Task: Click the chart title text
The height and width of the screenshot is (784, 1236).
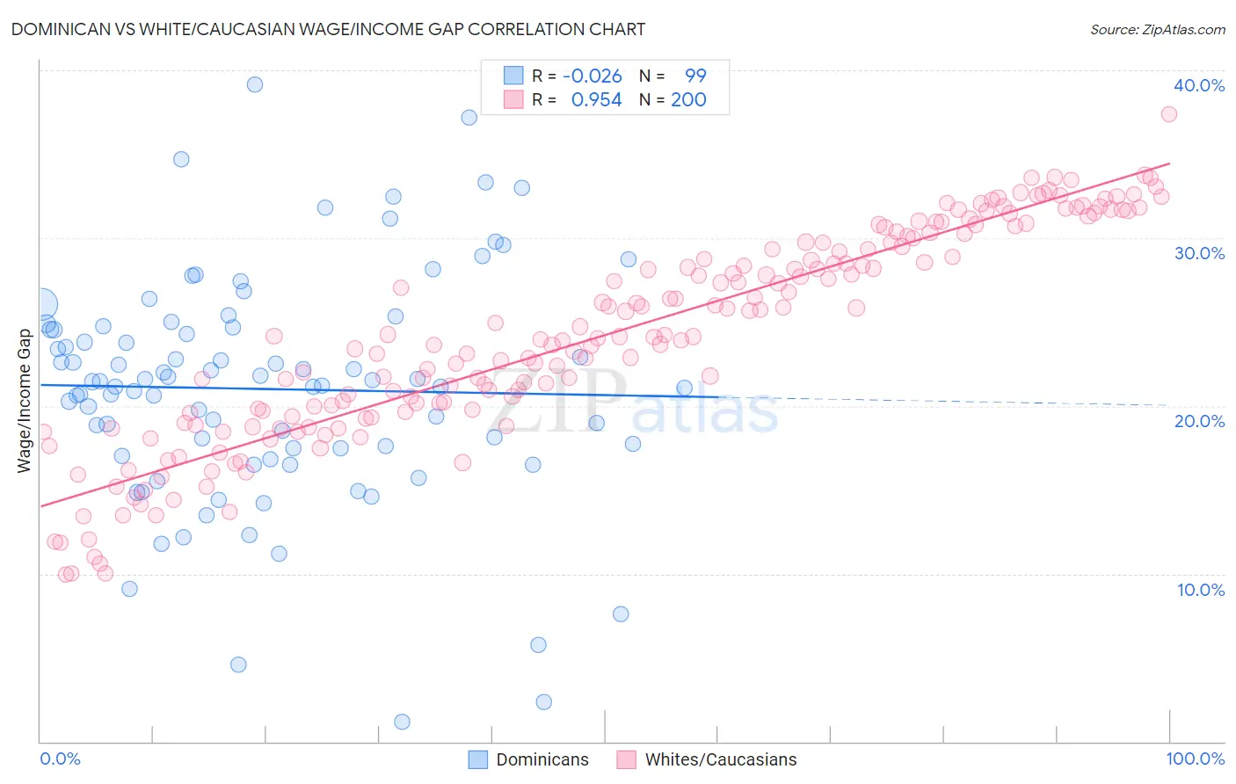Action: (328, 29)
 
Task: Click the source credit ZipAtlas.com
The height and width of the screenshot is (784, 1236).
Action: (1157, 29)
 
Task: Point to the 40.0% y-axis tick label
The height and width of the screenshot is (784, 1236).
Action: (1199, 85)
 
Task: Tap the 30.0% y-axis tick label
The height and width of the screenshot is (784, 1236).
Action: (1199, 253)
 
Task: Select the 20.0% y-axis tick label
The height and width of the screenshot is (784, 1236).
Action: (1199, 421)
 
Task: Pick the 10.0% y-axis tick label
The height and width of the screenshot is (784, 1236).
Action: (1201, 590)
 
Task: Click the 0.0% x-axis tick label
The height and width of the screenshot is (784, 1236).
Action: (60, 759)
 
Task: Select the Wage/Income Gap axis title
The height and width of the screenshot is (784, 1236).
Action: (25, 401)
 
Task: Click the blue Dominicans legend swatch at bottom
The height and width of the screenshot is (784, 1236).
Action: (477, 759)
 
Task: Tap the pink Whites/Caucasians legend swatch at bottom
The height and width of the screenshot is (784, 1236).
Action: (626, 759)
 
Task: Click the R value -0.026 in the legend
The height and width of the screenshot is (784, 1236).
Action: (592, 76)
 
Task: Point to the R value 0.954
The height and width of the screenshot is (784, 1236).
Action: (596, 100)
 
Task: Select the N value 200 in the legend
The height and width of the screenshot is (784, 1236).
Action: (688, 100)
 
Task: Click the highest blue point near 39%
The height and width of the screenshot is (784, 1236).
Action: (255, 84)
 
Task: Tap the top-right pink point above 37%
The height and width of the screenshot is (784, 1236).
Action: (1168, 114)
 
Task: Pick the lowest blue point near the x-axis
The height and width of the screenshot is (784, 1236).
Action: (402, 722)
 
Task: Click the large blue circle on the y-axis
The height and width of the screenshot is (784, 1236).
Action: (41, 305)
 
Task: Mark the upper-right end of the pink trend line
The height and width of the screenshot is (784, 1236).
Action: (1169, 163)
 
